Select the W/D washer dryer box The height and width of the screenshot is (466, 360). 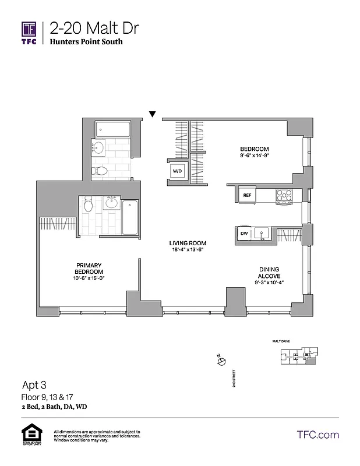point(177,171)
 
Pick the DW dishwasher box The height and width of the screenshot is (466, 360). point(245,234)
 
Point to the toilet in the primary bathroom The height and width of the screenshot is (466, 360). point(88,205)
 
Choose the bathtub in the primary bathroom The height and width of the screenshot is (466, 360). point(129,217)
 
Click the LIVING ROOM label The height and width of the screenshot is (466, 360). point(188,243)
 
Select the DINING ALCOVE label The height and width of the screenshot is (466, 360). point(270,273)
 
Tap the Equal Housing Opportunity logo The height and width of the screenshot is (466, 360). point(30,435)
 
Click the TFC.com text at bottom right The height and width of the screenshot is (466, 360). point(317,435)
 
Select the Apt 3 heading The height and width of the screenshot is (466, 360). point(34,384)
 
